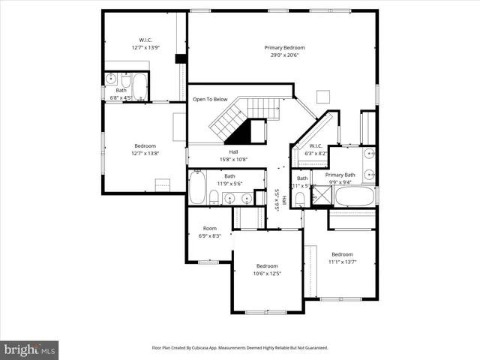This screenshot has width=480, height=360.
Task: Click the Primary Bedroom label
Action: point(284,48)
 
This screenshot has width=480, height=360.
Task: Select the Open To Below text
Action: point(210,99)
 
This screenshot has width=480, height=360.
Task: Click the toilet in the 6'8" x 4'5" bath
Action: point(126,80)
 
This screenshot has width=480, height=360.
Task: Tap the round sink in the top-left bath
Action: point(110,78)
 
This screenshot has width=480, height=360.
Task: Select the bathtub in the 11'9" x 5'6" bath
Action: point(197,188)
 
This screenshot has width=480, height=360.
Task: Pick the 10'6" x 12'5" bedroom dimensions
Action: point(267,274)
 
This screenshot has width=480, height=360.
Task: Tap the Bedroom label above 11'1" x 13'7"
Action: point(342,253)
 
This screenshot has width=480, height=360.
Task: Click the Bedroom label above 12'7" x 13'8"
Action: point(145,145)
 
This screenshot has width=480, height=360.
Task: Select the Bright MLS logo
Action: point(30,349)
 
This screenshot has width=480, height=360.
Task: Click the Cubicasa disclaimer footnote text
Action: point(240,348)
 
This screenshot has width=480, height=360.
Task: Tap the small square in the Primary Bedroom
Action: point(323,95)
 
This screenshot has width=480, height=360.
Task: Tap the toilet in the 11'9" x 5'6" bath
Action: point(214,198)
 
